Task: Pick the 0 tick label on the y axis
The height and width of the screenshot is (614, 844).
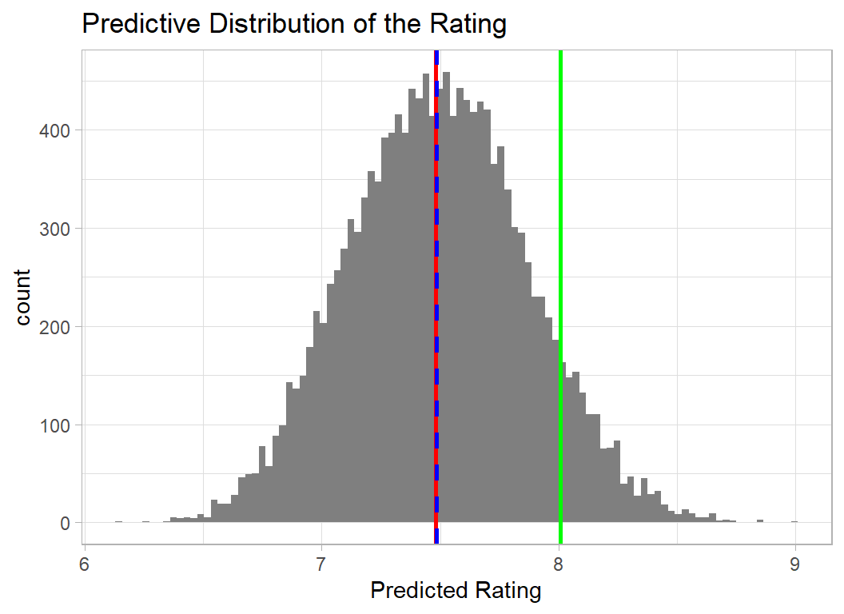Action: pyautogui.click(x=66, y=524)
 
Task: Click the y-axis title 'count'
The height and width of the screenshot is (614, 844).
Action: pyautogui.click(x=23, y=297)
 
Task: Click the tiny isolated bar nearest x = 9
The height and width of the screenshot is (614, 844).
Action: pyautogui.click(x=794, y=521)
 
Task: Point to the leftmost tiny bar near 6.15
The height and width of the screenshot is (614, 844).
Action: pyautogui.click(x=118, y=521)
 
